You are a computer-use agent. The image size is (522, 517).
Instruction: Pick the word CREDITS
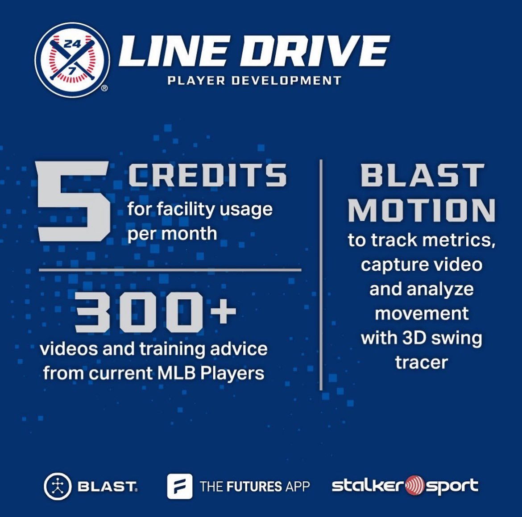click(207, 175)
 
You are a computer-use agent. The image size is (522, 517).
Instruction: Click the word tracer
click(421, 362)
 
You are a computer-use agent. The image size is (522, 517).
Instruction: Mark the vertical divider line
click(321, 274)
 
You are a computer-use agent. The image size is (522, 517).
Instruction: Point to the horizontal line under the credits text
click(170, 269)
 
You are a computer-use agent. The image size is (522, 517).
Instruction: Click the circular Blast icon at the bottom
click(58, 486)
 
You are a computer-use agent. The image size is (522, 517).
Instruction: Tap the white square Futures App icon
click(179, 486)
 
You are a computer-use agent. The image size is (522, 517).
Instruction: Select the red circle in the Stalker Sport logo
click(414, 486)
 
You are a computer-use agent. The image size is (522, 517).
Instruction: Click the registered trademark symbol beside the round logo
click(104, 88)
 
